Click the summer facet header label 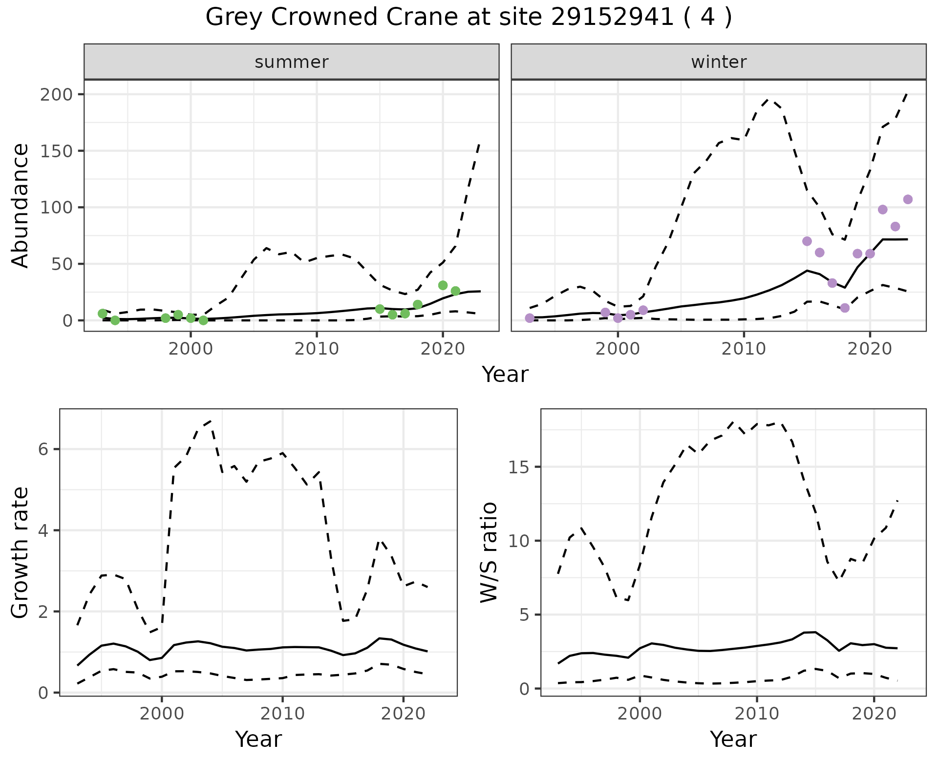(x=292, y=62)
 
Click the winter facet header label (x=719, y=62)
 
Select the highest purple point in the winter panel (x=908, y=199)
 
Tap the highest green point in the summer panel (x=443, y=285)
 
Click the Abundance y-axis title (x=21, y=206)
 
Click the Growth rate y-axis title (x=21, y=553)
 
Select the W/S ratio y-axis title (x=489, y=552)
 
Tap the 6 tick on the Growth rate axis (x=43, y=449)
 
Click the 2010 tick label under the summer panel (x=317, y=349)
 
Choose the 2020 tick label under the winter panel (x=870, y=349)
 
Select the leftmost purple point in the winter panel (x=530, y=318)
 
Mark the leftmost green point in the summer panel (x=103, y=313)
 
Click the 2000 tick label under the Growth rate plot (x=162, y=714)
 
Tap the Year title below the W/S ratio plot (x=733, y=739)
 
